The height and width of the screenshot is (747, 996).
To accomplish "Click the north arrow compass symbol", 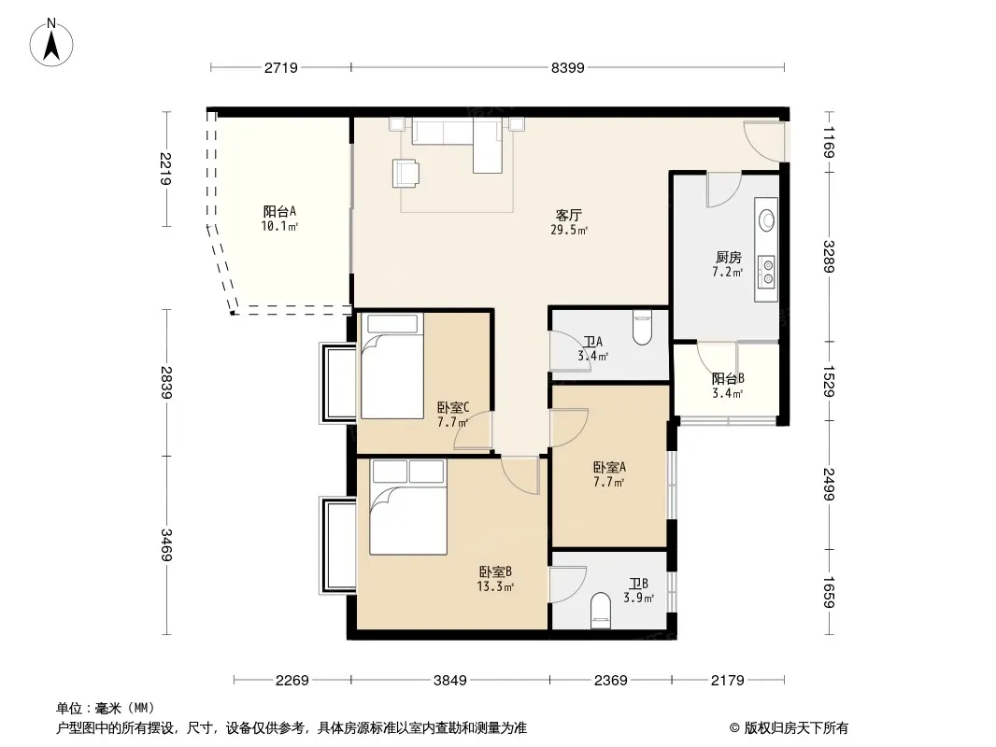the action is pyautogui.click(x=51, y=43).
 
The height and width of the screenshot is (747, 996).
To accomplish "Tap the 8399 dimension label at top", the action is pyautogui.click(x=567, y=67).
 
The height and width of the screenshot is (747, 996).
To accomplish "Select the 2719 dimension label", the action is pyautogui.click(x=280, y=67).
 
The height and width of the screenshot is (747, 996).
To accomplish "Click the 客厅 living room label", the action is pyautogui.click(x=568, y=215).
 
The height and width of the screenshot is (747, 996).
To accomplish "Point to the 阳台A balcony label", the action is pyautogui.click(x=279, y=211).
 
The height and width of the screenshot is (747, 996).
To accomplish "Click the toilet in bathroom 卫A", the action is pyautogui.click(x=642, y=327).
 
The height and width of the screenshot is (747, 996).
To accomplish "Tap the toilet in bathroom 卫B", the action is pyautogui.click(x=600, y=611).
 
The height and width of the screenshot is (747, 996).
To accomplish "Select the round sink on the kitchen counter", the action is pyautogui.click(x=767, y=219).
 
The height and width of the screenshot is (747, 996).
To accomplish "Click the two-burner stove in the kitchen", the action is pyautogui.click(x=768, y=271).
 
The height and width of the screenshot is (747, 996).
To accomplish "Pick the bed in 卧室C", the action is pyautogui.click(x=391, y=366).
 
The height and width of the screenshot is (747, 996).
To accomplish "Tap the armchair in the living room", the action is pyautogui.click(x=406, y=173).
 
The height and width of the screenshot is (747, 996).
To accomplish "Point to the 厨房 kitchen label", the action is pyautogui.click(x=728, y=257).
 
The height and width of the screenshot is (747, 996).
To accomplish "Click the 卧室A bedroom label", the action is pyautogui.click(x=610, y=468).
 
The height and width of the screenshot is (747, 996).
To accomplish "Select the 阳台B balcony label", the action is pyautogui.click(x=728, y=379).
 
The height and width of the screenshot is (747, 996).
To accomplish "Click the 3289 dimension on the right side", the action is pyautogui.click(x=829, y=257).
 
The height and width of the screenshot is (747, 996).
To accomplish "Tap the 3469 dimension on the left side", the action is pyautogui.click(x=166, y=544).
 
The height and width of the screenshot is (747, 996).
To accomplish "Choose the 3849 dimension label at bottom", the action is pyautogui.click(x=449, y=681).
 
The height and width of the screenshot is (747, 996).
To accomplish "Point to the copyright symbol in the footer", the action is pyautogui.click(x=734, y=728).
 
